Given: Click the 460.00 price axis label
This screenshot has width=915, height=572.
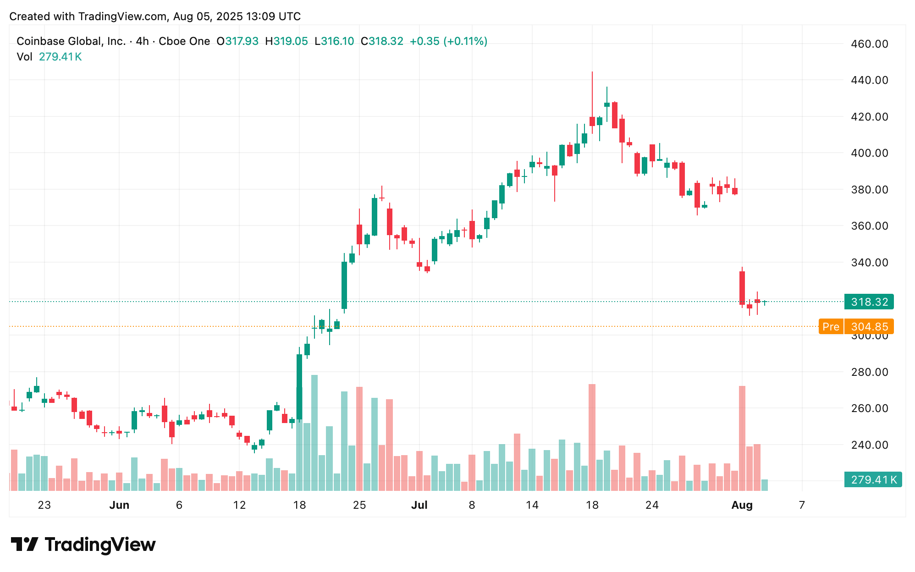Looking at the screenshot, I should [x=869, y=44].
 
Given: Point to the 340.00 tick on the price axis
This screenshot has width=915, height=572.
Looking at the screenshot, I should [x=869, y=263].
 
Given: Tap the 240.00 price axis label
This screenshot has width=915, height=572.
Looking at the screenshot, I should [x=869, y=445].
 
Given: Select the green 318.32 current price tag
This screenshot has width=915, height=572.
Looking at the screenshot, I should [x=869, y=302].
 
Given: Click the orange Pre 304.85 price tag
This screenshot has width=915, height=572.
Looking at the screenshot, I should [x=856, y=326].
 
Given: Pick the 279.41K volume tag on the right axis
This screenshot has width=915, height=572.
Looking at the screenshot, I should [x=873, y=479].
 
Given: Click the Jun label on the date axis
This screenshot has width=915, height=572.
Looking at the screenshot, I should [x=119, y=505].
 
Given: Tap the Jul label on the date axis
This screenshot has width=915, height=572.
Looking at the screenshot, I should [x=419, y=505].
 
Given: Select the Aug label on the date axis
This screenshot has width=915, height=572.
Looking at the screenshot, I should [x=742, y=505].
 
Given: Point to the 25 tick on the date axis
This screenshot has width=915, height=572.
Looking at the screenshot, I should [x=359, y=505].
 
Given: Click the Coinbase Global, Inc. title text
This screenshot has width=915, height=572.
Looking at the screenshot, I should [x=71, y=41].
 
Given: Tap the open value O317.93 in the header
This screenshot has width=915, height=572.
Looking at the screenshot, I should [x=237, y=41].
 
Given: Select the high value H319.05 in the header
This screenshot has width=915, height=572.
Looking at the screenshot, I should [x=287, y=41].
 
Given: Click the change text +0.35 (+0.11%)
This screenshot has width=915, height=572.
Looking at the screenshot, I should [x=448, y=41].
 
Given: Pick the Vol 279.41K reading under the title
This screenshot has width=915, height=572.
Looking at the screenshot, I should [x=49, y=57].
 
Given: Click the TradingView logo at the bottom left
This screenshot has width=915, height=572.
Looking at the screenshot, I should [x=83, y=544].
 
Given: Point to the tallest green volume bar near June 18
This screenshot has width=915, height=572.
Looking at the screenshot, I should [x=314, y=433].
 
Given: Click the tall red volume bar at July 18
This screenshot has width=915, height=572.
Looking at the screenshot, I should [x=592, y=437].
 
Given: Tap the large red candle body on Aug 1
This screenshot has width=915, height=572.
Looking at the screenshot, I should [x=742, y=288].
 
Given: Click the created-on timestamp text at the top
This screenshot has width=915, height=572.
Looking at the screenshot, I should [x=155, y=16].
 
